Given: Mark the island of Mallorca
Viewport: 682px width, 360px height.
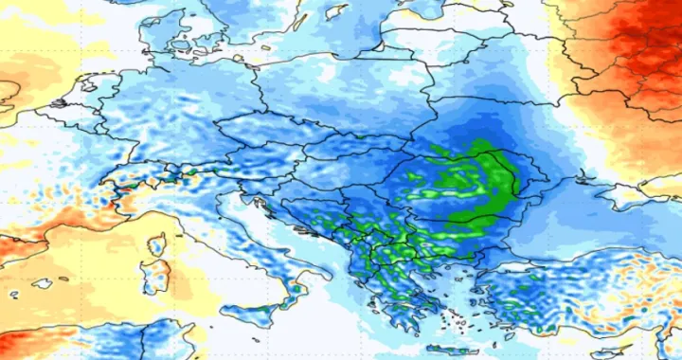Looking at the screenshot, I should click(43, 282).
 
